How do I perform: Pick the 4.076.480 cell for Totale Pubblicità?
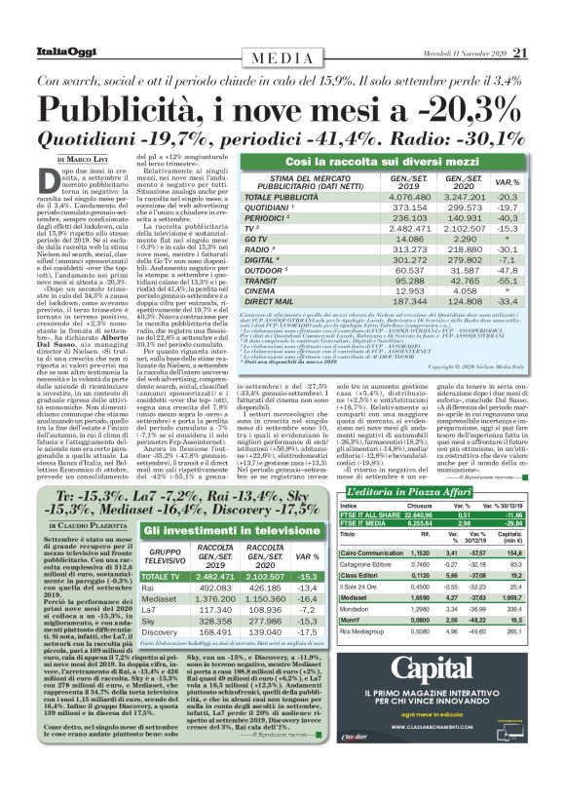pos(410,197)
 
